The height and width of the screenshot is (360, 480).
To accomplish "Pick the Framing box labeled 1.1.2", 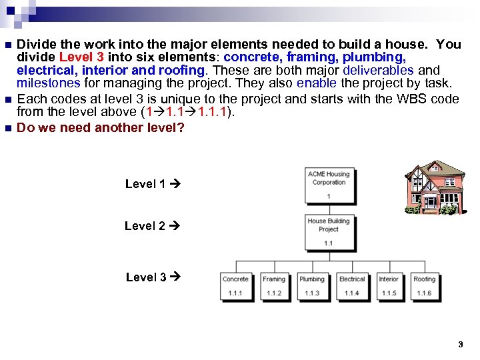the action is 273,285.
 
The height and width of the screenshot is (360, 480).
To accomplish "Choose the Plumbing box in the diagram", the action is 311,285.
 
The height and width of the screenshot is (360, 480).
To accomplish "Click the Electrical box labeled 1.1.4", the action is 351,285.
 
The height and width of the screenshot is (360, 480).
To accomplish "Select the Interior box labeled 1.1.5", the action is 389,285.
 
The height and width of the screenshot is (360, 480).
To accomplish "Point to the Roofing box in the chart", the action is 424,285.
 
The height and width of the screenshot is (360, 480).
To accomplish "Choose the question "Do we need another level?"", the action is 101,127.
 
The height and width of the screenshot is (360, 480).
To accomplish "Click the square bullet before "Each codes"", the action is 7,100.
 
